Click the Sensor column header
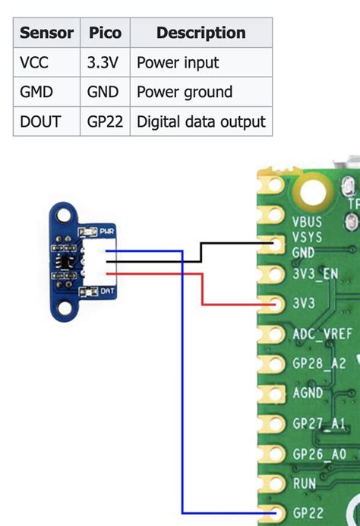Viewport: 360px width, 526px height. click(47, 33)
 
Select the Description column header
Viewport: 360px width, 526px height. click(201, 33)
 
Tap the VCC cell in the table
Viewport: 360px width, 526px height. click(35, 62)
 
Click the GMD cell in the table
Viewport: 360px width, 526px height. click(36, 92)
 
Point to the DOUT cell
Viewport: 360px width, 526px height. click(39, 121)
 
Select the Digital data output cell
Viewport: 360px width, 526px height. click(201, 121)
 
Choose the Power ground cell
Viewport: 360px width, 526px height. click(184, 92)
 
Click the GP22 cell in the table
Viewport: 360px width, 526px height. click(106, 121)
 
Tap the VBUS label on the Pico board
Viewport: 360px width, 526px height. click(307, 222)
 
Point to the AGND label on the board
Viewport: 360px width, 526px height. click(308, 393)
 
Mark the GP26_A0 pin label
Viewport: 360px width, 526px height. click(319, 453)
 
